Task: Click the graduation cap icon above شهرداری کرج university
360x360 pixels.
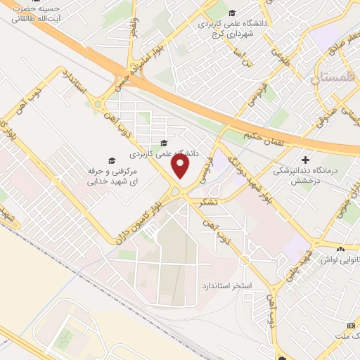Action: click(x=233, y=12)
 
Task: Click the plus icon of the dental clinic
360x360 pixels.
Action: click(x=304, y=160)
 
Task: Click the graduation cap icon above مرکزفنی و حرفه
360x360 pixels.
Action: click(x=109, y=160)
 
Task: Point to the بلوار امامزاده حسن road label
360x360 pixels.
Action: click(x=131, y=76)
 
